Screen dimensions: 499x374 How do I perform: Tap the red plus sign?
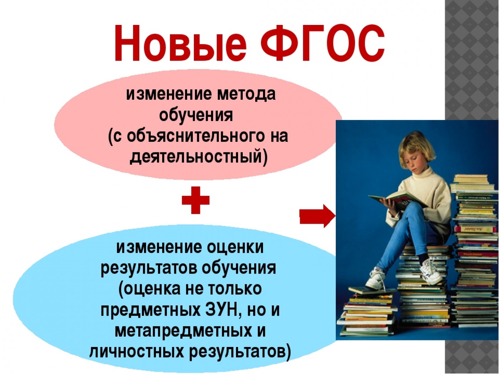[195, 200]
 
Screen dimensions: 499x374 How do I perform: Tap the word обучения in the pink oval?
[196, 116]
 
